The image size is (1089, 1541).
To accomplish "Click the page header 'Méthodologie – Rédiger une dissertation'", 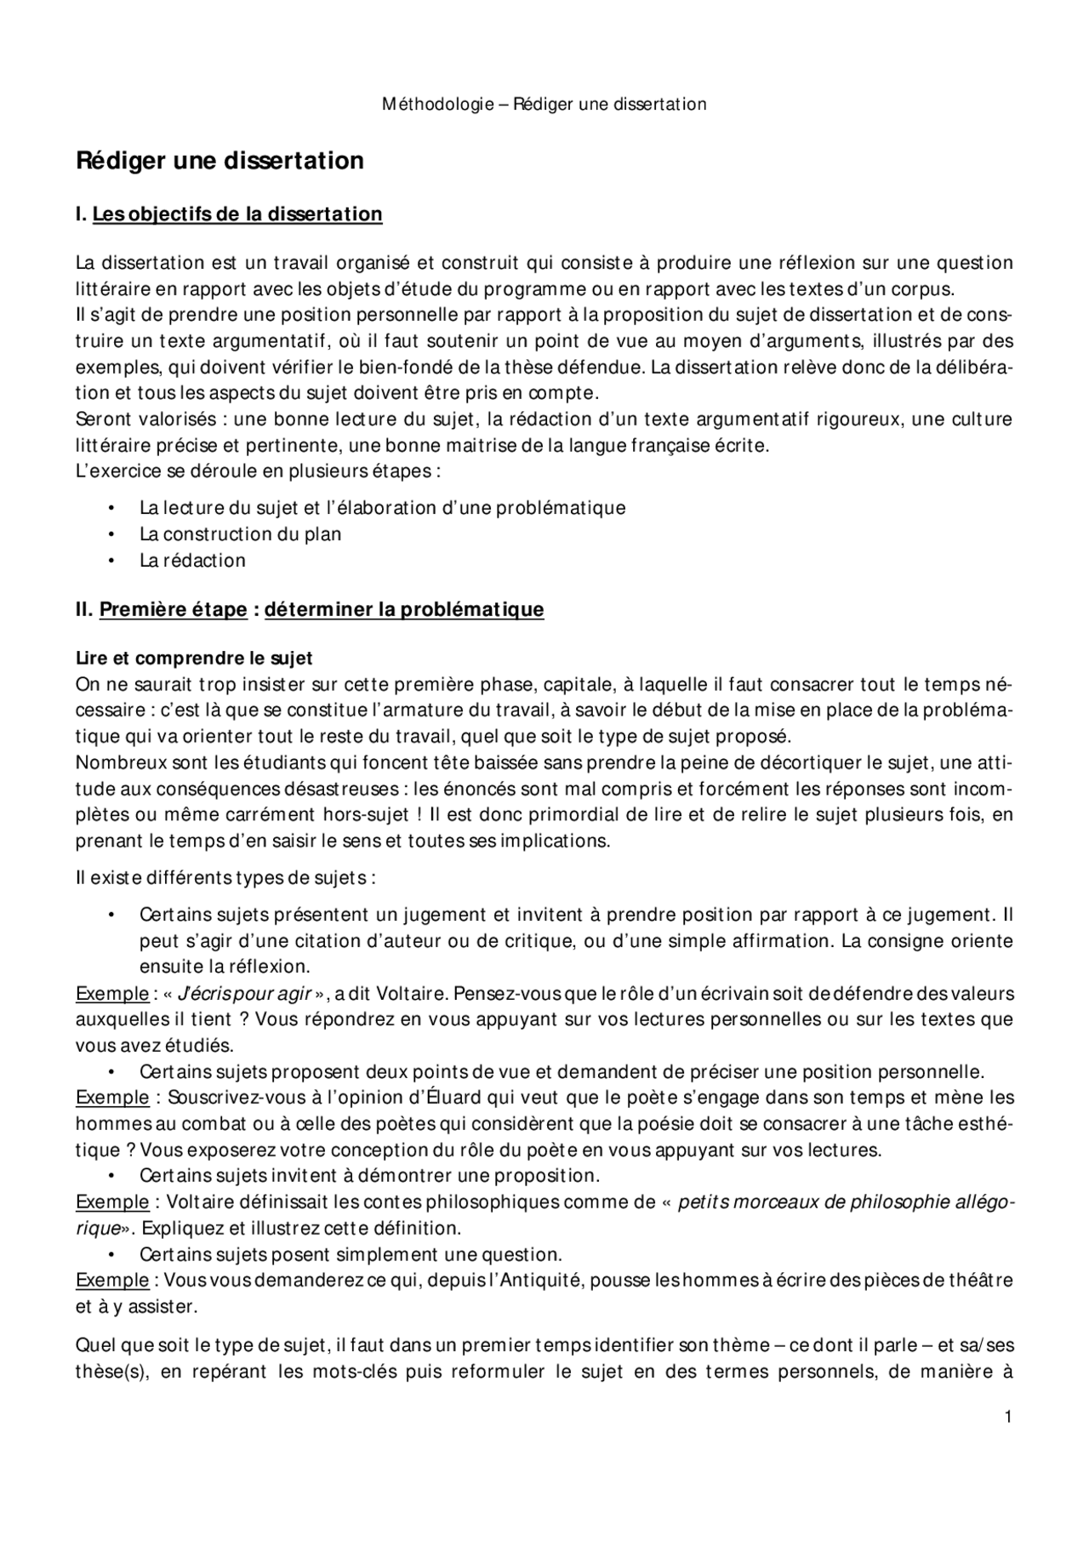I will (544, 105).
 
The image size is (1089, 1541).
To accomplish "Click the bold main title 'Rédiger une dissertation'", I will (220, 161).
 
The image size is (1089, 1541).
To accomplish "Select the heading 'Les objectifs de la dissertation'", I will (237, 214).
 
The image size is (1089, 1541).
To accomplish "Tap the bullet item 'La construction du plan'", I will (241, 534).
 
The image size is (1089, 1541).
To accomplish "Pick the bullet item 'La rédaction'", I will (192, 561).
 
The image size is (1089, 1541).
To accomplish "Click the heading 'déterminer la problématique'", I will (404, 609).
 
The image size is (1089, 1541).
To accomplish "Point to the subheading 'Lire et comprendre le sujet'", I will (194, 658).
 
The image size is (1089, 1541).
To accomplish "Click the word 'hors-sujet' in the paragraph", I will (368, 815).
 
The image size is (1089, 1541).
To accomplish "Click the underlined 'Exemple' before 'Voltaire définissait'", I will (111, 1202).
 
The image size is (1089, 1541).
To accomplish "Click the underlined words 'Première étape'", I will (174, 609).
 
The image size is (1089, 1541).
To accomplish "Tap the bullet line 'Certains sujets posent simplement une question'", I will (351, 1254).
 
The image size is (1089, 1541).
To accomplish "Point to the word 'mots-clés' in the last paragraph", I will (343, 1373).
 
